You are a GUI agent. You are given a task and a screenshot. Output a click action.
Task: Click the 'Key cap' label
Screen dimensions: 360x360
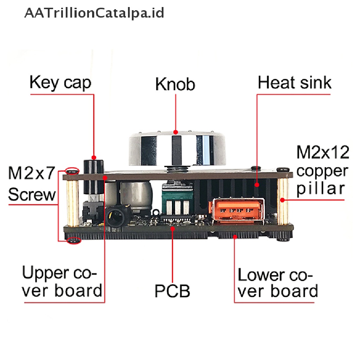[60, 83]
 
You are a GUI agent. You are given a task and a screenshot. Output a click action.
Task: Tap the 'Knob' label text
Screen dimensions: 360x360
[175, 84]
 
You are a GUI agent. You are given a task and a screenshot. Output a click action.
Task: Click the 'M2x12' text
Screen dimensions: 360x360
[323, 152]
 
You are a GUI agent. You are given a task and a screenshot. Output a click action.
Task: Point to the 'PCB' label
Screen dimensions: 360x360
[172, 291]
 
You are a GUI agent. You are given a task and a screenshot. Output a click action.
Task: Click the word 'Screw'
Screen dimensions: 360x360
[32, 194]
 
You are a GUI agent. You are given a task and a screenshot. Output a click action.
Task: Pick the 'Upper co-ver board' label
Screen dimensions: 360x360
[62, 282]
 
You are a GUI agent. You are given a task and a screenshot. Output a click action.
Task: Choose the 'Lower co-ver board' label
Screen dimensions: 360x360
[278, 283]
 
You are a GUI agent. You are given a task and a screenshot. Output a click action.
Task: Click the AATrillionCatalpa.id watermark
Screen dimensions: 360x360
[94, 13]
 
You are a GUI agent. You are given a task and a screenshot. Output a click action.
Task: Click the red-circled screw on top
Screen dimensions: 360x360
[72, 171]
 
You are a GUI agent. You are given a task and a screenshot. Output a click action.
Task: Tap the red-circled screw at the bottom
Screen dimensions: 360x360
[74, 240]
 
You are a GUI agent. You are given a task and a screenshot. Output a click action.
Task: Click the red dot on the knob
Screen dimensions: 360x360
[176, 132]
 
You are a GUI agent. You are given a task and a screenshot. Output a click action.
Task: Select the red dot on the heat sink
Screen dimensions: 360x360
[257, 184]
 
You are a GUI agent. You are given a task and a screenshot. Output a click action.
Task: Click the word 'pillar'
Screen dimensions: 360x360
[321, 189]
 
